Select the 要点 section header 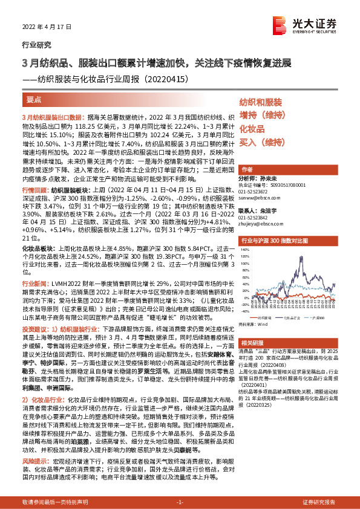[x=34, y=98]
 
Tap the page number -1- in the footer [x=180, y=502]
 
